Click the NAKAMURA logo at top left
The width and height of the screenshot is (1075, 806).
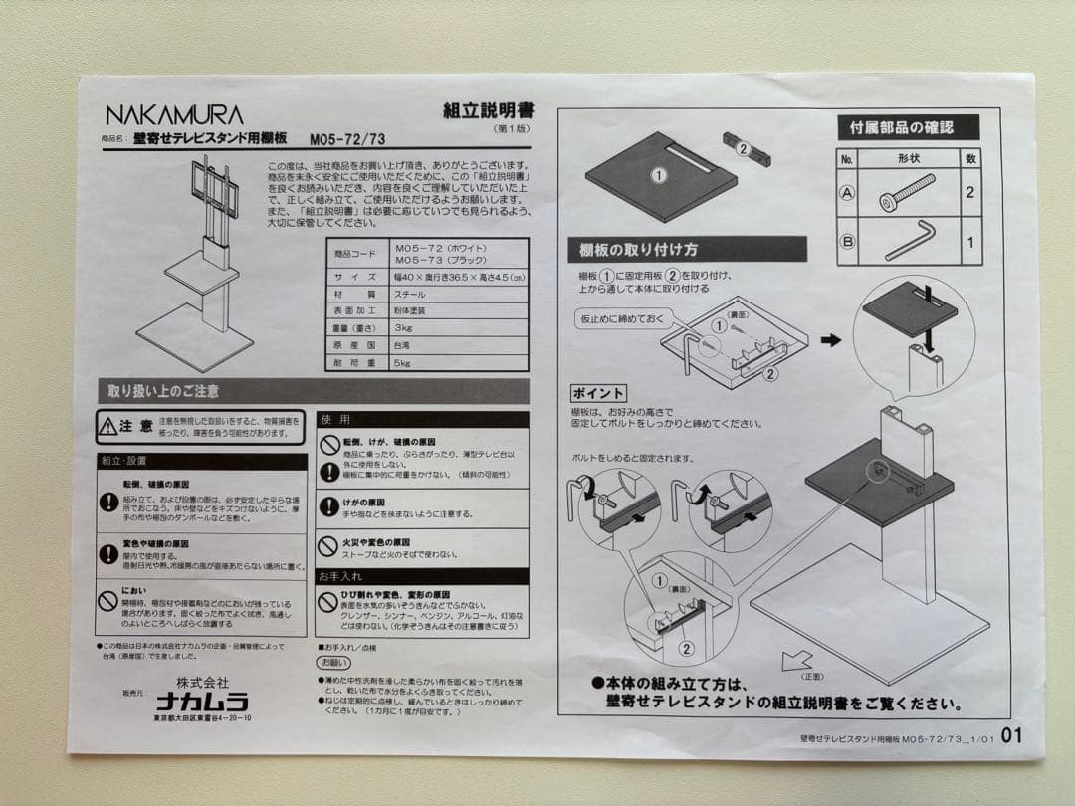pos(173,114)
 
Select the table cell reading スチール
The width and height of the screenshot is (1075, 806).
pos(409,294)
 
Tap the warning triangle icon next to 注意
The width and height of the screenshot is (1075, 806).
pos(107,426)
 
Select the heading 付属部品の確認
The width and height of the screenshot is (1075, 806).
pos(900,127)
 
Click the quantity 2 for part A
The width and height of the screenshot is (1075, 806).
pos(969,193)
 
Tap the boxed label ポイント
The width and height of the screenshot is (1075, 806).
pos(598,393)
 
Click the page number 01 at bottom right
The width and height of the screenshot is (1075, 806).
pos(1011,736)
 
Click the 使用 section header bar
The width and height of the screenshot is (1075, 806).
pos(422,420)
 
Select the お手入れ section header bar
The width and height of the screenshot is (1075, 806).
pos(422,576)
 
